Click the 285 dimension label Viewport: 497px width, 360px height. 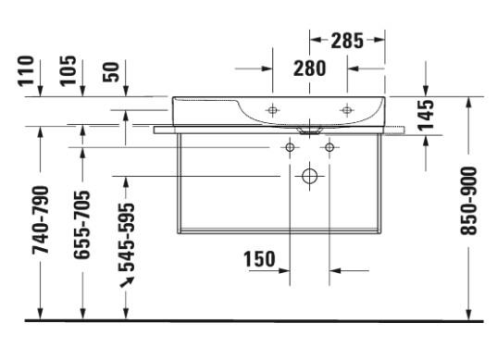pyautogui.click(x=347, y=41)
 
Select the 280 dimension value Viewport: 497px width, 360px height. pyautogui.click(x=309, y=68)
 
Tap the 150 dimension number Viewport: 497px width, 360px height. pyautogui.click(x=259, y=259)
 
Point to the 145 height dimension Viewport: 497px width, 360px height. pyautogui.click(x=426, y=116)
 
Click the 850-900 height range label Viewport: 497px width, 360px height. pyautogui.click(x=468, y=201)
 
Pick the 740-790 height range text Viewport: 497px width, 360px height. pyautogui.click(x=41, y=220)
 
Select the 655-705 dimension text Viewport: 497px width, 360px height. pyautogui.click(x=81, y=225)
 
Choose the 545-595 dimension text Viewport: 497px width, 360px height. pyautogui.click(x=127, y=237)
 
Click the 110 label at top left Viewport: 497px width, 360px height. pyautogui.click(x=26, y=70)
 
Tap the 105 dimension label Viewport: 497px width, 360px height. pyautogui.click(x=68, y=70)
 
